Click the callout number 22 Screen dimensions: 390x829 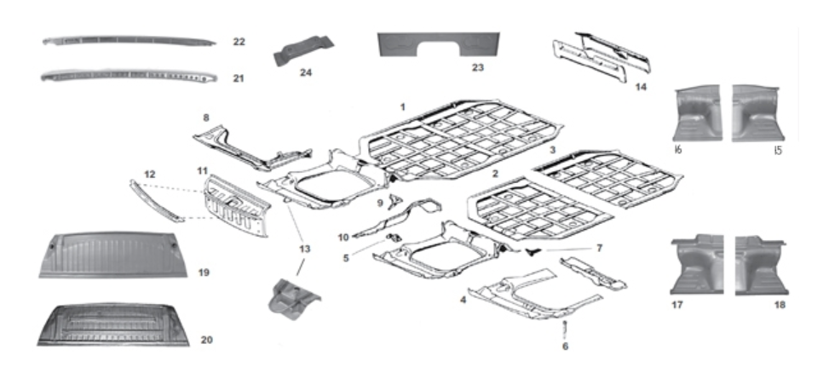click(x=239, y=42)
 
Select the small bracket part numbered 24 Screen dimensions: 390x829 click(x=303, y=50)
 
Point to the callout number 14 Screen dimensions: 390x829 click(x=641, y=86)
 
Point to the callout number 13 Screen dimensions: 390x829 click(x=303, y=248)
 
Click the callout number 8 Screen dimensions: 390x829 click(x=205, y=117)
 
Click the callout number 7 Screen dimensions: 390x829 click(x=598, y=248)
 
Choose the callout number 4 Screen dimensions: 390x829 click(x=463, y=299)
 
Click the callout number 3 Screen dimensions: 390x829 click(x=552, y=149)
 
